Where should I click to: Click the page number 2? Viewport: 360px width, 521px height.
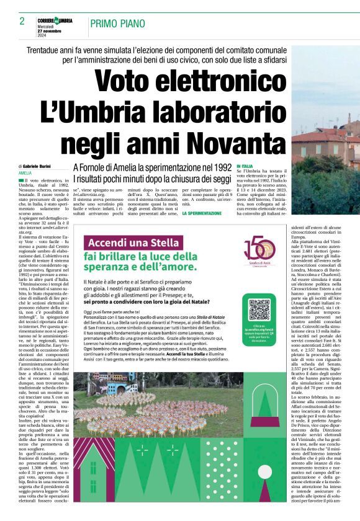[21, 22]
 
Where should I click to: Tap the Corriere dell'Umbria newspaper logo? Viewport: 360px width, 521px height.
[55, 21]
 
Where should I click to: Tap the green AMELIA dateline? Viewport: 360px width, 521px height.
[25, 173]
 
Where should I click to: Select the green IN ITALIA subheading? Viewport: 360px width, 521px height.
[245, 166]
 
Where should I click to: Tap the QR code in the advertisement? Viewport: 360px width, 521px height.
[260, 310]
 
